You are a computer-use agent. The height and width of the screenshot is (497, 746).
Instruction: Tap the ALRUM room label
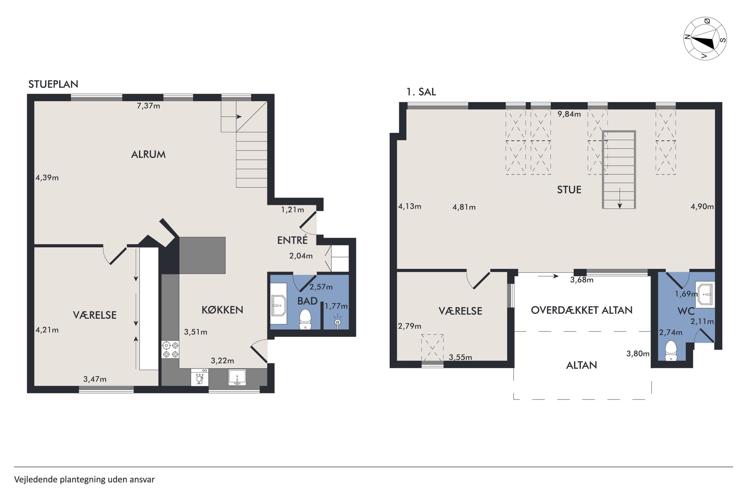click(x=148, y=154)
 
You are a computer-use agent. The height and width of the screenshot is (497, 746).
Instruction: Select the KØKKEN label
click(x=222, y=310)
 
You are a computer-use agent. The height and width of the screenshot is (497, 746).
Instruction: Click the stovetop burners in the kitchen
click(x=170, y=350)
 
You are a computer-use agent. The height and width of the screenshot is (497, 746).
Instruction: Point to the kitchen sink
click(x=237, y=377)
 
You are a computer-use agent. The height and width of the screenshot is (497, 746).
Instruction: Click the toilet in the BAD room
click(x=305, y=319)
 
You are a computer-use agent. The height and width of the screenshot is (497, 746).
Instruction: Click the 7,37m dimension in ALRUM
click(x=148, y=106)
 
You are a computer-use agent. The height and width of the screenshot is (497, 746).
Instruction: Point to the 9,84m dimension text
click(x=569, y=114)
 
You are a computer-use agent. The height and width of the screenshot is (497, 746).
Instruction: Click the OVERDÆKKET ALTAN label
click(x=582, y=310)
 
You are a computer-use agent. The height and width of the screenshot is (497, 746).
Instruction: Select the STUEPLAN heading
click(x=53, y=84)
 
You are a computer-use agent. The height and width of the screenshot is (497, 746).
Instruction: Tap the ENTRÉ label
click(x=292, y=240)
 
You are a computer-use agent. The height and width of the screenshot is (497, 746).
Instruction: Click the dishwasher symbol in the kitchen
click(x=200, y=377)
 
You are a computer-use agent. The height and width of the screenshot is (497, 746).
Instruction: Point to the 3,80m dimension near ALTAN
click(x=638, y=353)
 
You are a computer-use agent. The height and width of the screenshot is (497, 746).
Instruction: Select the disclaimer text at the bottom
click(x=84, y=479)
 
